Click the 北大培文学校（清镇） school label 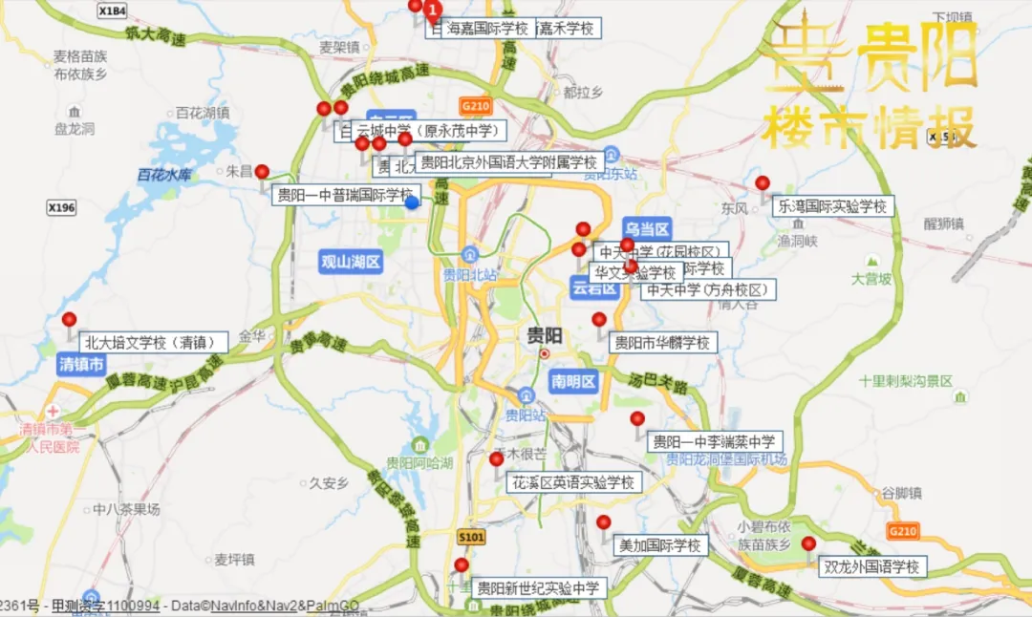pos(154,342)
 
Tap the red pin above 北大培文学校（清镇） pos(69,320)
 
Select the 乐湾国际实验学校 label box pos(832,205)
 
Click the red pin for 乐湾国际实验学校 pos(763,183)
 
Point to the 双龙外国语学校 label pos(873,566)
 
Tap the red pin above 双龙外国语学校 pos(808,543)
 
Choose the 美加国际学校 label pos(660,545)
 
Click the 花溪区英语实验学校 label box pos(573,482)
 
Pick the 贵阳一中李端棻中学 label pos(715,441)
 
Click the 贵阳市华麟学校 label pos(662,342)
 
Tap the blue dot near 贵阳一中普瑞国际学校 pos(412,202)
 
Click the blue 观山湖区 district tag pos(352,262)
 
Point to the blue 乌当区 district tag pos(648,228)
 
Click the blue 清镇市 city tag pos(81,364)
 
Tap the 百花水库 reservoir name pos(164,175)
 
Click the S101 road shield pos(471,538)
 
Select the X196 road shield pos(61,207)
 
